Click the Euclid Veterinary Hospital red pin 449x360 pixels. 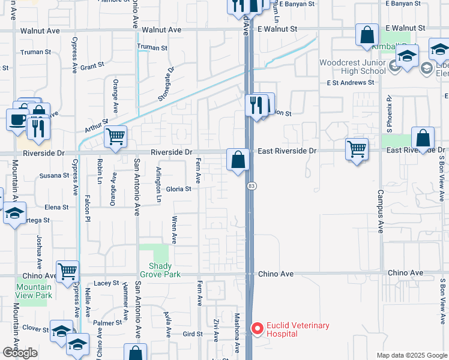click(x=258, y=329)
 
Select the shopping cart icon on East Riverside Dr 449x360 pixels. click(x=357, y=148)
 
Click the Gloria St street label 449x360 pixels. click(x=178, y=188)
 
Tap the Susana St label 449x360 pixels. click(x=54, y=176)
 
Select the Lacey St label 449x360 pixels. click(x=106, y=283)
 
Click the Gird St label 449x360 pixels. click(x=193, y=334)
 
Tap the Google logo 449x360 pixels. click(x=20, y=353)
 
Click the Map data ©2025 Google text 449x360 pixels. click(x=411, y=355)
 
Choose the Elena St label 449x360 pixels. click(x=56, y=207)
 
